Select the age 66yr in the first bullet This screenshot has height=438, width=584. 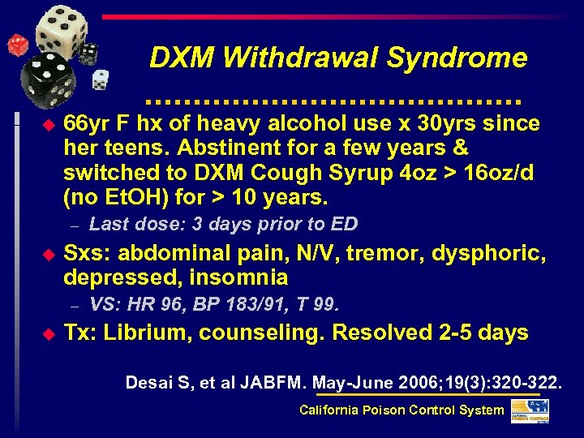(x=86, y=123)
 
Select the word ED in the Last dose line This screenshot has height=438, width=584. (x=346, y=225)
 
